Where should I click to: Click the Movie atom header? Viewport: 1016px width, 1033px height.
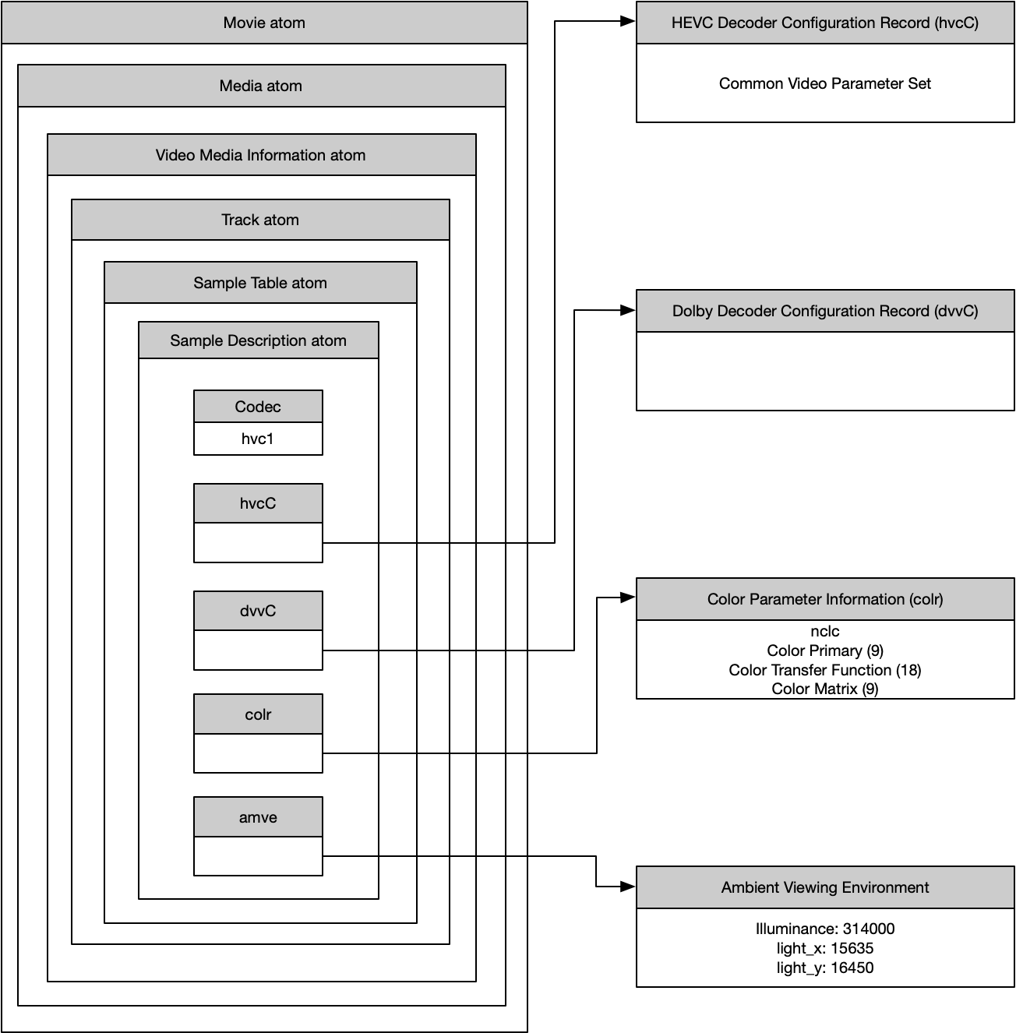point(264,23)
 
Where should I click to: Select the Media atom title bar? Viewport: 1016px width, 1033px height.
point(261,86)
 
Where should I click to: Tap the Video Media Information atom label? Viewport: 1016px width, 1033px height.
point(261,155)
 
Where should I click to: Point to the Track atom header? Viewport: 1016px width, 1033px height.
point(260,220)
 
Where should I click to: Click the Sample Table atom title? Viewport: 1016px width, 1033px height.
point(260,283)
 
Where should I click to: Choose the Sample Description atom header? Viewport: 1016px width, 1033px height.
point(258,340)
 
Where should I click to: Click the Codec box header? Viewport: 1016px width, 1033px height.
point(258,407)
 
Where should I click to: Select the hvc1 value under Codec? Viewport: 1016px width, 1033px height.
point(258,439)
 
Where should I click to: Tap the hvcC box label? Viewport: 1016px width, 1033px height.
point(258,503)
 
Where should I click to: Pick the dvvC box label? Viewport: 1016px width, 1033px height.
point(258,611)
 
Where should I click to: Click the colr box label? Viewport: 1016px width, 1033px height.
point(258,714)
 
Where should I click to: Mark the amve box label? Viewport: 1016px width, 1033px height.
point(258,817)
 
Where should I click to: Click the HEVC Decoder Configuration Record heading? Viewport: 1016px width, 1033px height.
point(825,23)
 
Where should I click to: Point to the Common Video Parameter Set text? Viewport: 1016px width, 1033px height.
point(825,83)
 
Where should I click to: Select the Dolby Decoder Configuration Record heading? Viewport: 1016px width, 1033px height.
point(825,311)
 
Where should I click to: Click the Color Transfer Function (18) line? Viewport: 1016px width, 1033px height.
point(825,670)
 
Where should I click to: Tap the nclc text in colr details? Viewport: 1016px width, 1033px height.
point(825,631)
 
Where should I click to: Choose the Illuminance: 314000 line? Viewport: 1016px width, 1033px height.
point(825,929)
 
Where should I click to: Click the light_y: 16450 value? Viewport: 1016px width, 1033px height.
point(825,968)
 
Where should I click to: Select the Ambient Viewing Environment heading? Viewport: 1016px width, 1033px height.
point(825,887)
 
